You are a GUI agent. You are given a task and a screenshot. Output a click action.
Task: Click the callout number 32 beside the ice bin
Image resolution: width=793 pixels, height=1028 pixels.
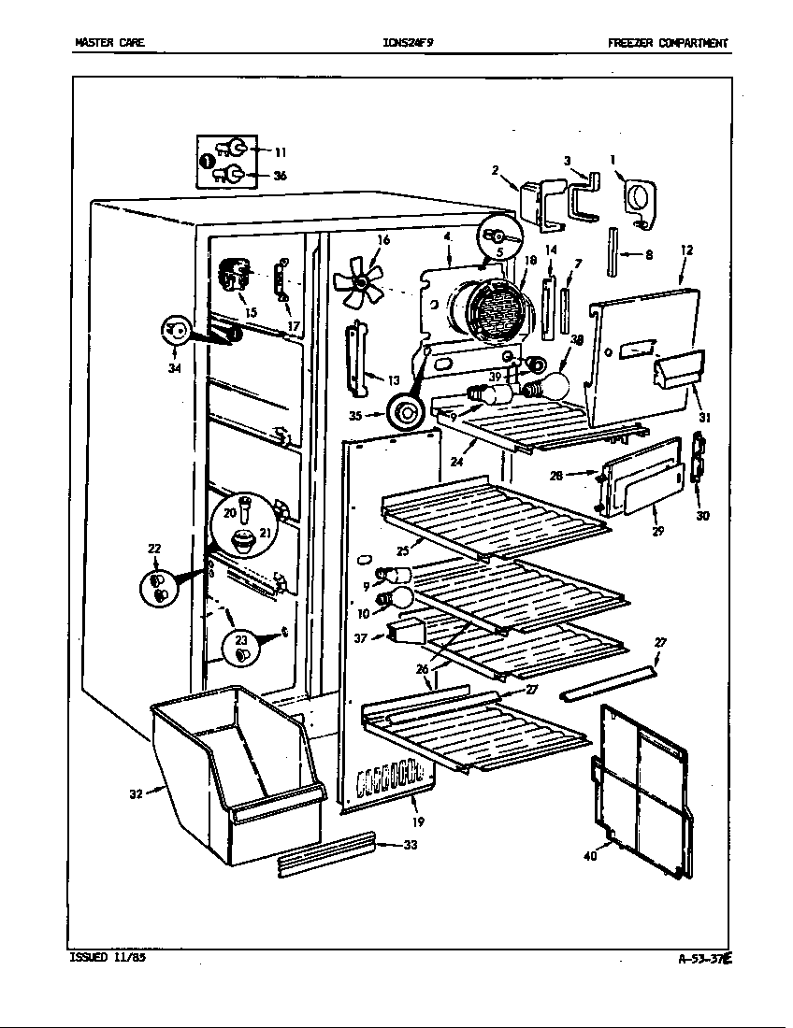point(136,795)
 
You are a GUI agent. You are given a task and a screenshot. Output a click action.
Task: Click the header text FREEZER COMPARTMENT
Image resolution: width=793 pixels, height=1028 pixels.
point(667,43)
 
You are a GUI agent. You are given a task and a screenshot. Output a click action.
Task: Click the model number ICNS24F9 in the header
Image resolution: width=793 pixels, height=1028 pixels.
point(408,43)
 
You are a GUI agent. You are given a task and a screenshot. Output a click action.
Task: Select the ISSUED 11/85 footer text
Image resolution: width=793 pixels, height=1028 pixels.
point(108,957)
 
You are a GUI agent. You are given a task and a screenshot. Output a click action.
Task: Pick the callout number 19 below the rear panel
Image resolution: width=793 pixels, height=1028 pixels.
point(417,822)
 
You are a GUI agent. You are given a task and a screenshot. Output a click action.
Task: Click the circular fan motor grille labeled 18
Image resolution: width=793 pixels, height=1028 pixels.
point(491,311)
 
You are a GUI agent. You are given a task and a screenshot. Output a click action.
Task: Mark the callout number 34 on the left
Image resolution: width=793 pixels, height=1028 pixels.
point(174,368)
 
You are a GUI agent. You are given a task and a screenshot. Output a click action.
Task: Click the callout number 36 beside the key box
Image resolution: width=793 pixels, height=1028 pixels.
point(280,175)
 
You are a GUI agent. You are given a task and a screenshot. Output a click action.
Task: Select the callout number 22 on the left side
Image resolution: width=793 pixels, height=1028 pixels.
point(154,549)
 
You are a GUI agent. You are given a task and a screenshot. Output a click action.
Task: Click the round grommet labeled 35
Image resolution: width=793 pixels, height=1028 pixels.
point(406,410)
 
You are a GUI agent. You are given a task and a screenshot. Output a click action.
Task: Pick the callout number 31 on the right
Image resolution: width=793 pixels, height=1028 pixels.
point(704,418)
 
